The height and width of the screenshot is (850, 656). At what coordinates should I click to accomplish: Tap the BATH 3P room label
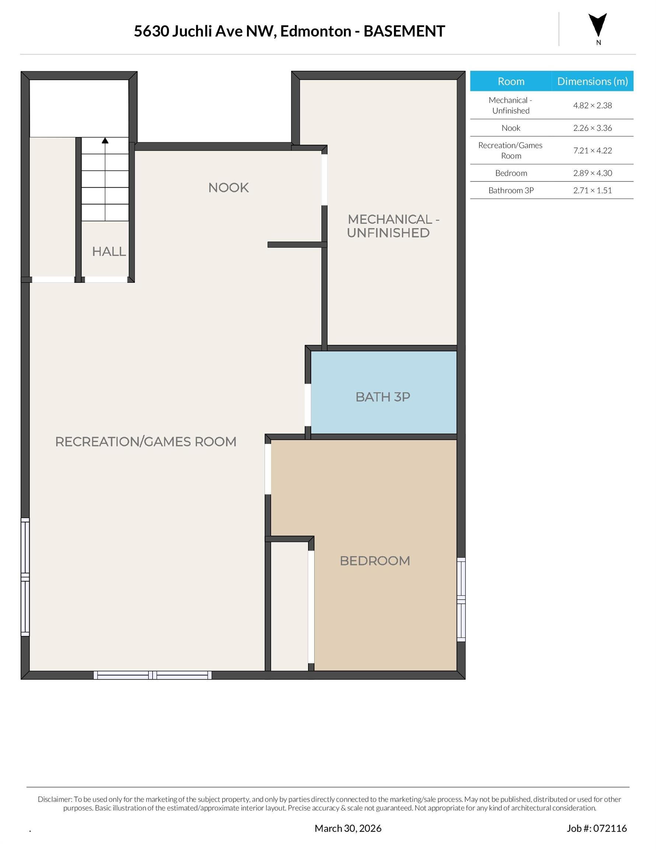(383, 397)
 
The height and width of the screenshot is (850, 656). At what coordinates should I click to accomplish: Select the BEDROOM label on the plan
(374, 561)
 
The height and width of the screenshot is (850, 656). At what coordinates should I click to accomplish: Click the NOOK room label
(228, 187)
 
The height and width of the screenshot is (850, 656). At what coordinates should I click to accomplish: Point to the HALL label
(109, 251)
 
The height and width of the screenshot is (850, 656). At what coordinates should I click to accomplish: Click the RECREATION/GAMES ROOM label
(146, 442)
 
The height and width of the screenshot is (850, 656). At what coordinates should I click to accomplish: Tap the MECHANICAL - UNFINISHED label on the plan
(393, 226)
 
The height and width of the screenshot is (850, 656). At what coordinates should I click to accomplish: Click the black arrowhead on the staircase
(105, 141)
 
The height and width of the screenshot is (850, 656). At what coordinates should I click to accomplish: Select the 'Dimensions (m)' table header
(592, 81)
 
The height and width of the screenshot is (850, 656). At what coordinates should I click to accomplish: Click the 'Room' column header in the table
(510, 81)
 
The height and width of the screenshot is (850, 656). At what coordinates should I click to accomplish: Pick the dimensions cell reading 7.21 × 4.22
(592, 151)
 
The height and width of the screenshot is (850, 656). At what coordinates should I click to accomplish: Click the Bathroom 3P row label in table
(510, 190)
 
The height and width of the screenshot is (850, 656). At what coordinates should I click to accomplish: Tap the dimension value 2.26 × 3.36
(592, 128)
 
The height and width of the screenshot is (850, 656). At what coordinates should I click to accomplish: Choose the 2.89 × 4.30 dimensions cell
(592, 173)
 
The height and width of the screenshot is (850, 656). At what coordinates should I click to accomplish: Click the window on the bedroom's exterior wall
(461, 600)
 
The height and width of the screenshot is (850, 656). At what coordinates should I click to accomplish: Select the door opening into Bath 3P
(308, 405)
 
